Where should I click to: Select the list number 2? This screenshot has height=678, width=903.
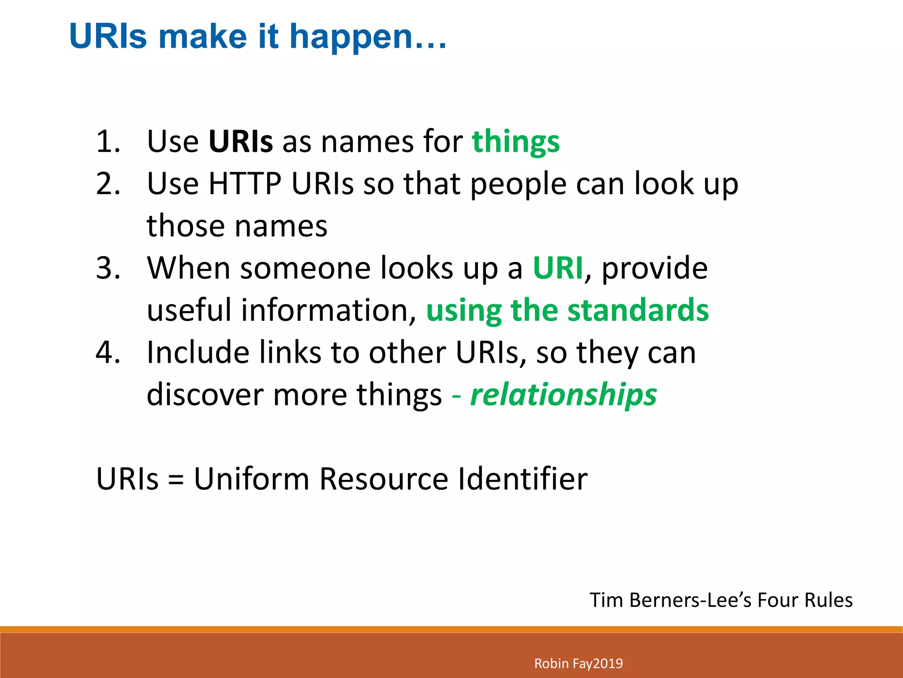pyautogui.click(x=108, y=184)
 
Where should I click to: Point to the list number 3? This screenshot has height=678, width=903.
pyautogui.click(x=108, y=268)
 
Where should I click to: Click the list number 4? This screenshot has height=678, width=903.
pyautogui.click(x=108, y=353)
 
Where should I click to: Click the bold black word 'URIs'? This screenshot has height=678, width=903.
pyautogui.click(x=240, y=142)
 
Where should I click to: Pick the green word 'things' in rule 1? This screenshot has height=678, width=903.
pyautogui.click(x=515, y=142)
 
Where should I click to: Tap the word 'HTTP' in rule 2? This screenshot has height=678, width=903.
pyautogui.click(x=245, y=184)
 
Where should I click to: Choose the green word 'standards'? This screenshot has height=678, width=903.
pyautogui.click(x=638, y=310)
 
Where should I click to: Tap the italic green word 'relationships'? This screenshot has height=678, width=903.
pyautogui.click(x=563, y=395)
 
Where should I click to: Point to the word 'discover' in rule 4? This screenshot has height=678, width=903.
pyautogui.click(x=205, y=395)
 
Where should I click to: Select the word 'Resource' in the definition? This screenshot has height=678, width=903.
pyautogui.click(x=384, y=479)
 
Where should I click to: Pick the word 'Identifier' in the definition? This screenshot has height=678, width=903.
pyautogui.click(x=522, y=479)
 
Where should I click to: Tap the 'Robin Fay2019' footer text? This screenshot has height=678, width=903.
pyautogui.click(x=578, y=663)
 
